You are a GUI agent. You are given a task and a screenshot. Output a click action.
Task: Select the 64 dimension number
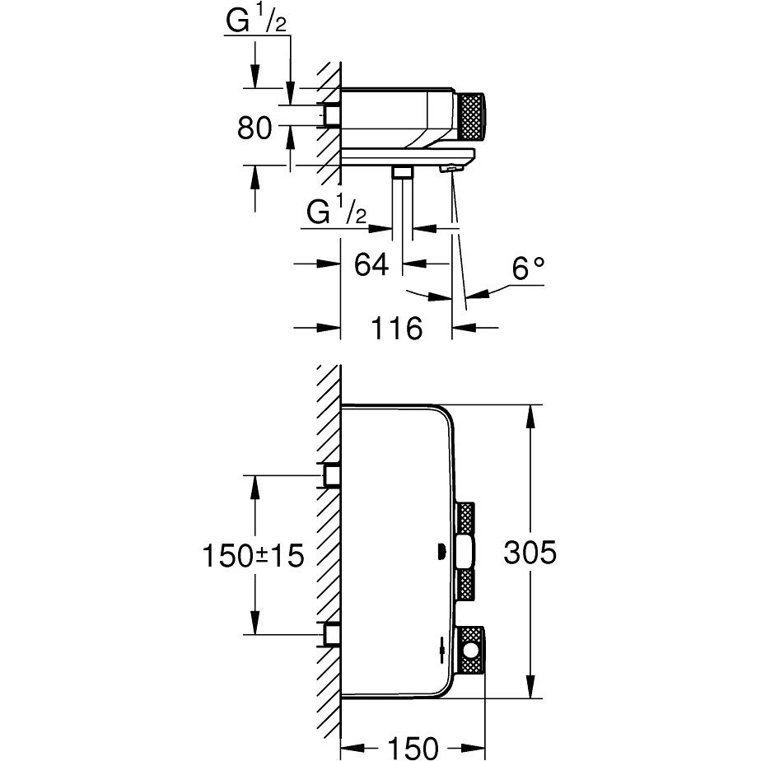pos(371,265)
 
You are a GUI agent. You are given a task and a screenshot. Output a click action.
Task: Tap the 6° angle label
pos(528,268)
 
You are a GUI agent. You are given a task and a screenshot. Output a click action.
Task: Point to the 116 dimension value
pos(395,329)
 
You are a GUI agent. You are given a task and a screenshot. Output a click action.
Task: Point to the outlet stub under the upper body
pos(402,171)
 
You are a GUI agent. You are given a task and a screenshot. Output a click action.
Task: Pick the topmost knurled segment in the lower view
pos(466,519)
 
